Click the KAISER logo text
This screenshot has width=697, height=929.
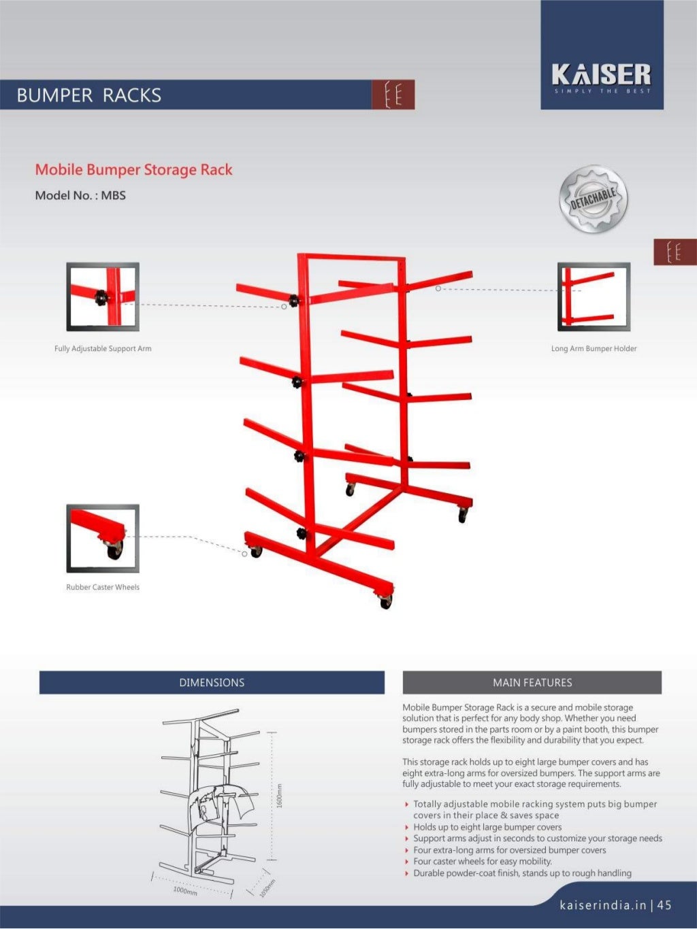click(x=601, y=74)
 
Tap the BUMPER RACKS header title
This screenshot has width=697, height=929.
click(x=89, y=95)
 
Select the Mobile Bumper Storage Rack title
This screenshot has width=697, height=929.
click(x=133, y=170)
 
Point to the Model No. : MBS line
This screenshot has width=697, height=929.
click(x=80, y=196)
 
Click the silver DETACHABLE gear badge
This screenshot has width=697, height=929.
click(x=593, y=199)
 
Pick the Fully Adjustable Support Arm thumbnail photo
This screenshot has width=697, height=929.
click(x=103, y=297)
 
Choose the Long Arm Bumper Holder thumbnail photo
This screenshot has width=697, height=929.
click(x=594, y=297)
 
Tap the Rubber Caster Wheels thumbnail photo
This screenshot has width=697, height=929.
click(x=103, y=538)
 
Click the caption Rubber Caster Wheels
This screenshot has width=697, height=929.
click(x=103, y=588)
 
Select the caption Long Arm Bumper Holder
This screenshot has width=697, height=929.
click(x=594, y=349)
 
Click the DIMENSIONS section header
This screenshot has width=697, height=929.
click(x=212, y=683)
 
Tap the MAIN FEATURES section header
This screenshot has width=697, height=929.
click(x=532, y=683)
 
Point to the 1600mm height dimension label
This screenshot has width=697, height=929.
click(x=279, y=796)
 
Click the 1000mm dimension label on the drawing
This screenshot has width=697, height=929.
click(x=184, y=890)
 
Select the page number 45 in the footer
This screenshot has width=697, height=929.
click(x=664, y=905)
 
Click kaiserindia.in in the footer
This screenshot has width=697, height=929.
click(x=602, y=905)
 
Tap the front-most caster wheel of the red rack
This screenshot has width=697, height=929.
click(x=386, y=601)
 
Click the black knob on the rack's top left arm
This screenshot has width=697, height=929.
click(x=294, y=300)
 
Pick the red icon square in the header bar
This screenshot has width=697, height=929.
click(x=393, y=95)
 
